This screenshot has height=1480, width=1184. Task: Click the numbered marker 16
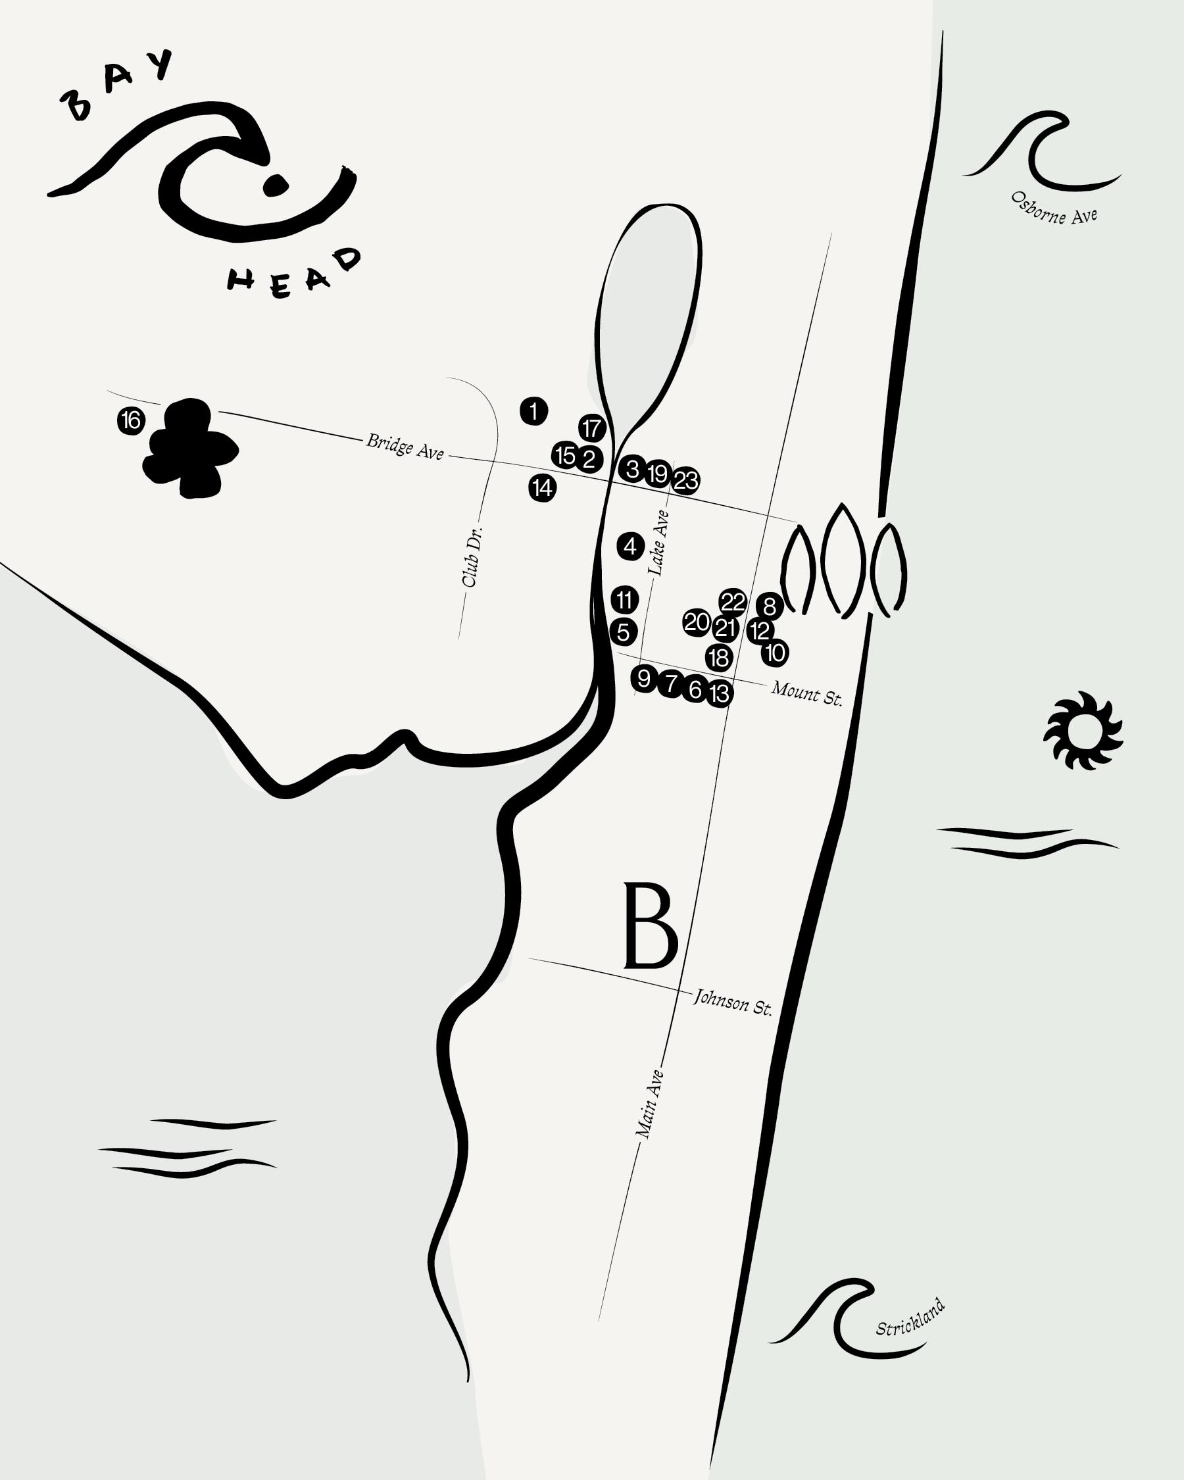pyautogui.click(x=131, y=420)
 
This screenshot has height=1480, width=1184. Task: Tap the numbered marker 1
pyautogui.click(x=534, y=411)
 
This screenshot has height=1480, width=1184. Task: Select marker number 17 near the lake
pyautogui.click(x=591, y=428)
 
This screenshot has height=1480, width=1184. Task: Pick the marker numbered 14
pyautogui.click(x=542, y=488)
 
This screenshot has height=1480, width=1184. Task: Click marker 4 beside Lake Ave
pyautogui.click(x=630, y=547)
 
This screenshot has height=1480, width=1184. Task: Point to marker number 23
pyautogui.click(x=685, y=481)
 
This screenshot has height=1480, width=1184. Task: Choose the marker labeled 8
pyautogui.click(x=770, y=606)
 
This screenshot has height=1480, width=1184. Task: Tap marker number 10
pyautogui.click(x=775, y=653)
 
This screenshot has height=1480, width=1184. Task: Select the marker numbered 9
pyautogui.click(x=644, y=679)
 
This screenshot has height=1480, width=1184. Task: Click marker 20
pyautogui.click(x=697, y=622)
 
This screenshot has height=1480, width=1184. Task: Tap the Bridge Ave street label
pyautogui.click(x=405, y=446)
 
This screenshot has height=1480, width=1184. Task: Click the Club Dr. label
pyautogui.click(x=472, y=556)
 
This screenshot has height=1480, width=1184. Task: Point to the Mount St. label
pyautogui.click(x=806, y=693)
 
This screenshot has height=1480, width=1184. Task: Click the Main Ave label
pyautogui.click(x=649, y=1104)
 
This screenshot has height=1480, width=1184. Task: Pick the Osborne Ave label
pyautogui.click(x=1054, y=207)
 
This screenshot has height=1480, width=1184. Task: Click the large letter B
pyautogui.click(x=650, y=926)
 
